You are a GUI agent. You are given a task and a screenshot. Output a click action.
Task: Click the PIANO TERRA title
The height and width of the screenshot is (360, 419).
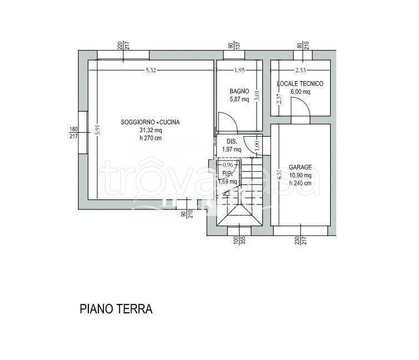(x=116, y=309)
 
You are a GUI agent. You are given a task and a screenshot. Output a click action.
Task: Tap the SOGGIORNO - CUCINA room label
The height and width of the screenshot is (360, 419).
(x=150, y=122)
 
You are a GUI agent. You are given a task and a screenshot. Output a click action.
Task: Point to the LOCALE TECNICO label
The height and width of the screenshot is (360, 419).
(x=300, y=84)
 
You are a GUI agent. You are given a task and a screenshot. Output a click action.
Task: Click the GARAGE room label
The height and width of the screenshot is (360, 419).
(x=300, y=167)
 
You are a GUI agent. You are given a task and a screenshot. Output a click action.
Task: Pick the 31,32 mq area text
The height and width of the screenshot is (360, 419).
(x=150, y=130)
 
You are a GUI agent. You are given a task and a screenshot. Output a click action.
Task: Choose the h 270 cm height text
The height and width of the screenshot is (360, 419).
(x=150, y=138)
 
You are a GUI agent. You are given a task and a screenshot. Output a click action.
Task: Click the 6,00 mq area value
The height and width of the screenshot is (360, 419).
(x=300, y=92)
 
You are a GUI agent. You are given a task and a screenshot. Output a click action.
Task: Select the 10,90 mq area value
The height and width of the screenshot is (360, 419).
(x=300, y=175)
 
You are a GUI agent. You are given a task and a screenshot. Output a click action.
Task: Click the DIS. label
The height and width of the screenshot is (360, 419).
(x=231, y=141)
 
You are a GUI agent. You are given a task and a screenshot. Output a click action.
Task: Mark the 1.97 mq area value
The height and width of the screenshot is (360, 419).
(x=231, y=149)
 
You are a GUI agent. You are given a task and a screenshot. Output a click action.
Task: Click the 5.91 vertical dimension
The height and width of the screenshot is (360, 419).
(x=97, y=129)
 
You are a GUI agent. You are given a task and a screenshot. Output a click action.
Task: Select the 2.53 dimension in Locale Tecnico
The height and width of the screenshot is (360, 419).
(x=301, y=70)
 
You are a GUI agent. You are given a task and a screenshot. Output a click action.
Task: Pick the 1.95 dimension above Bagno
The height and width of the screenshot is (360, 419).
(x=239, y=70)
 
